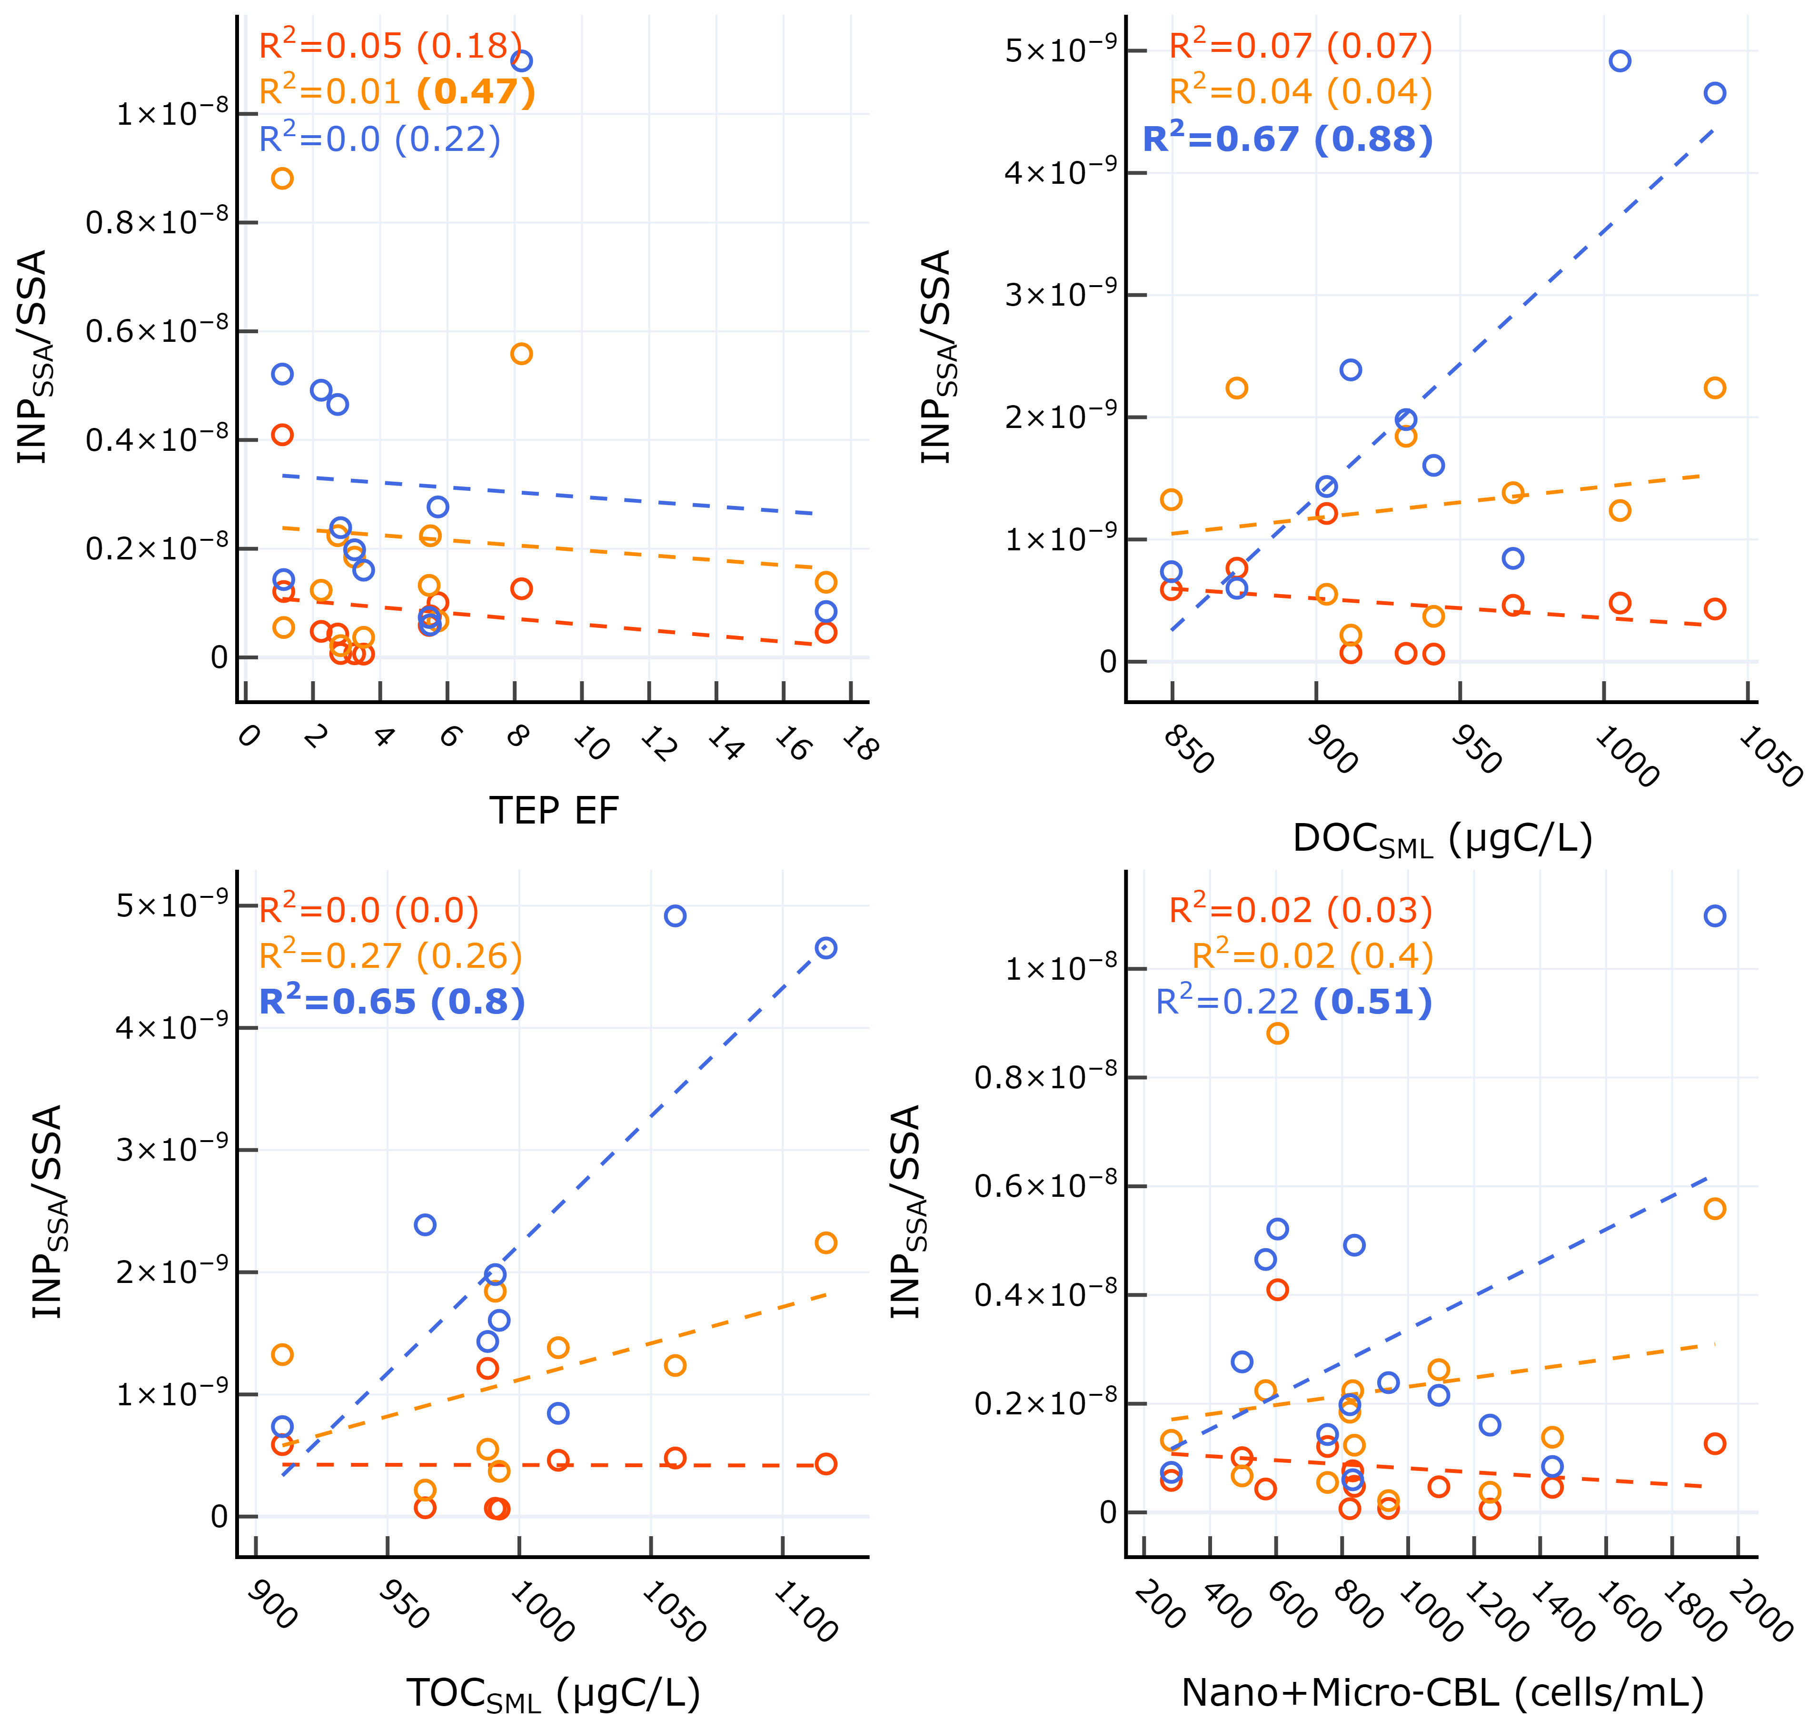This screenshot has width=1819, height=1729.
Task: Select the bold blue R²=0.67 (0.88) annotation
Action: pos(1287,139)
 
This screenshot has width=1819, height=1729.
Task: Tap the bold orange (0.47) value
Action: pos(476,92)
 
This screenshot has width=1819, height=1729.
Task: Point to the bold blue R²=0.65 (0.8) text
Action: pos(392,1002)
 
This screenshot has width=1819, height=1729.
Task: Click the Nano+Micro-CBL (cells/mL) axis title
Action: pos(1442,1693)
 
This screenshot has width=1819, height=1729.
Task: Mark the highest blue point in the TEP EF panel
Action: pos(522,61)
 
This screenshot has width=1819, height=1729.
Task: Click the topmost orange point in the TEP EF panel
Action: pos(283,178)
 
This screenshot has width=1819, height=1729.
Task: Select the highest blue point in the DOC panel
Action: pos(1620,61)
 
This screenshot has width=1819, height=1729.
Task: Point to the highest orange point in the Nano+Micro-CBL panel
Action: pos(1277,1033)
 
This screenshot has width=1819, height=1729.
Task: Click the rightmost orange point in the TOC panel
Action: pos(825,1242)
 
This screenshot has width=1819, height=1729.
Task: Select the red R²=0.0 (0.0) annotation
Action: pos(368,911)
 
